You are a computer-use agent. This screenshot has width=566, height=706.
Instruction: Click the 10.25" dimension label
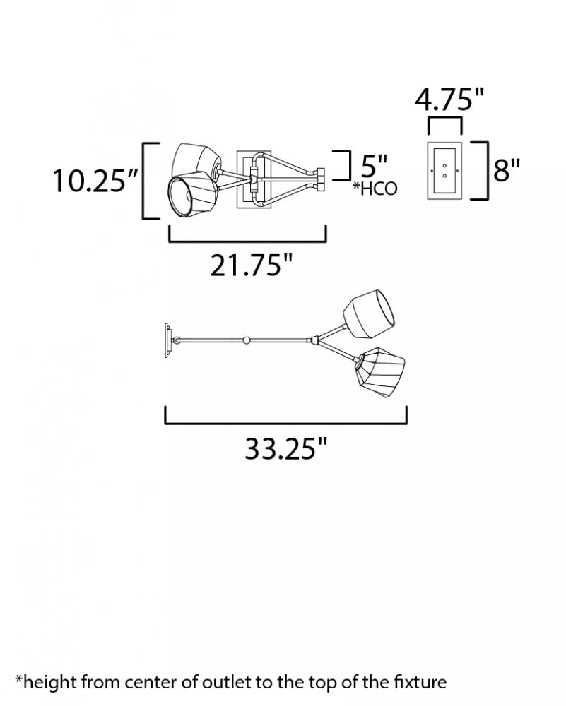(95, 181)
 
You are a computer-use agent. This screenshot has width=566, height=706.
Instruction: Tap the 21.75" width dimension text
(252, 265)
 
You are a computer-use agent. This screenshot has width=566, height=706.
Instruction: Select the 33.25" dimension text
(285, 448)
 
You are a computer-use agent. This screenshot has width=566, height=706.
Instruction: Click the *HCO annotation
(375, 189)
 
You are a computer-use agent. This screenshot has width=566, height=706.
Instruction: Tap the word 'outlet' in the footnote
(222, 682)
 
